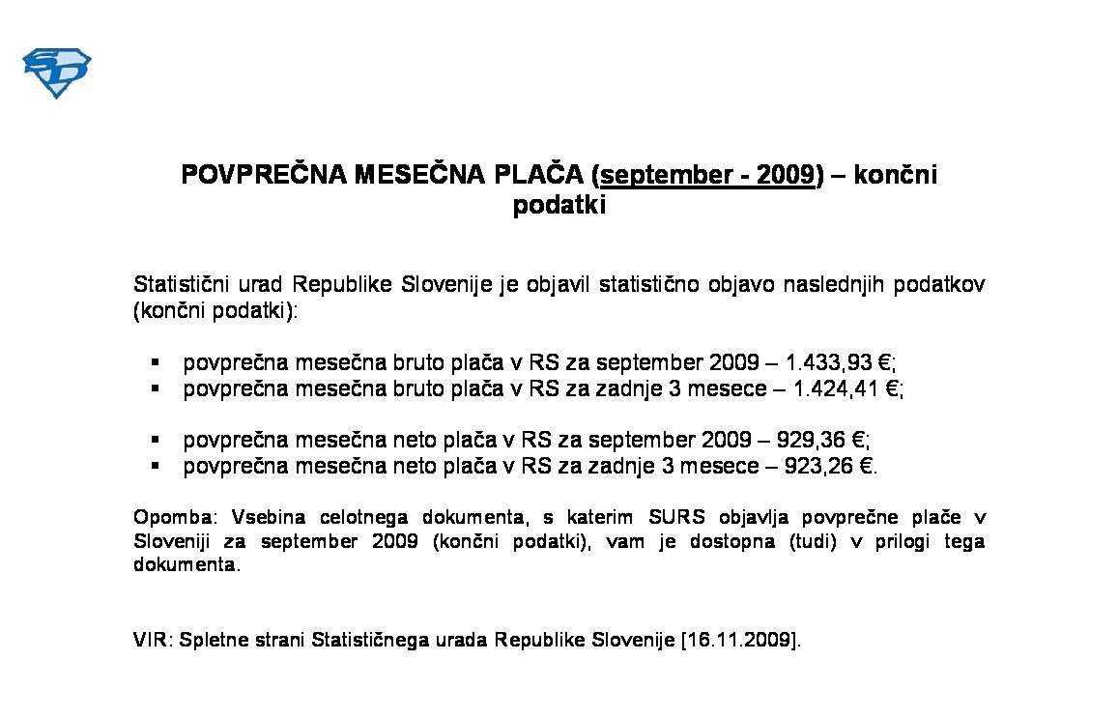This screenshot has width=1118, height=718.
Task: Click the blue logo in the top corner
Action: click(56, 73)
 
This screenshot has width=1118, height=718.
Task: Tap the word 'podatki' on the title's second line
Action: click(559, 206)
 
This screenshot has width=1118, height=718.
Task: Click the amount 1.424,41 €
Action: click(846, 388)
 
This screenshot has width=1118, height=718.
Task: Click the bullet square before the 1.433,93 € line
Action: click(155, 363)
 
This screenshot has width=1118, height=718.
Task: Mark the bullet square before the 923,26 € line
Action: click(155, 466)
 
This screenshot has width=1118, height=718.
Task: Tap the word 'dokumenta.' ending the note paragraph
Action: click(184, 565)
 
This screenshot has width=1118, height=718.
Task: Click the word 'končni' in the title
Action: click(894, 175)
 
